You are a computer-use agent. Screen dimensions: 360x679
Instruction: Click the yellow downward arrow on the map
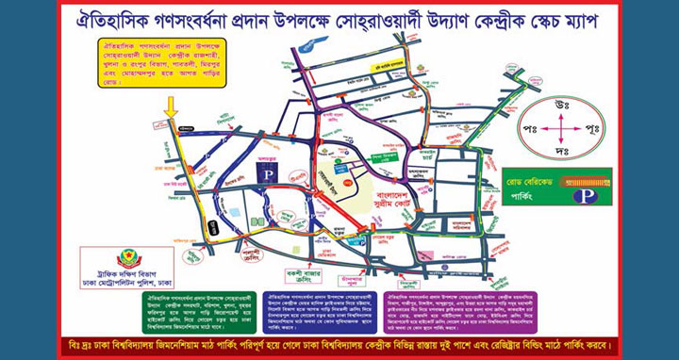pyautogui.click(x=170, y=109)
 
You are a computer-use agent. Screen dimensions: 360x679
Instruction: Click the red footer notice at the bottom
pyautogui.click(x=339, y=342)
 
